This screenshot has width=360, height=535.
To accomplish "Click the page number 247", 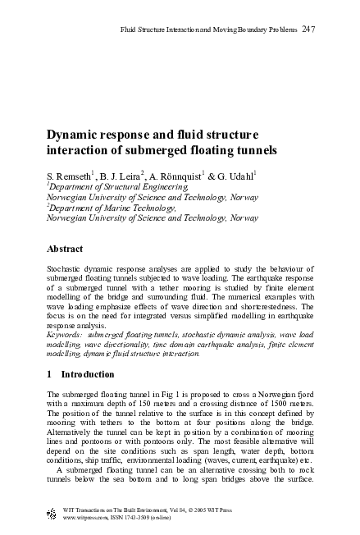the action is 308,30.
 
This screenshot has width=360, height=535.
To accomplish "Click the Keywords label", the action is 68,335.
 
